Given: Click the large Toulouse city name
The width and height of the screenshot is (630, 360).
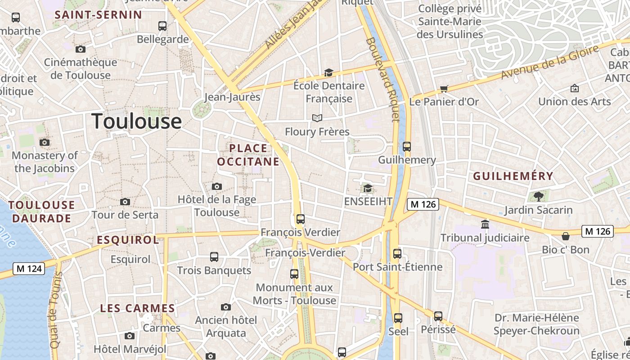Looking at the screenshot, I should (136, 121).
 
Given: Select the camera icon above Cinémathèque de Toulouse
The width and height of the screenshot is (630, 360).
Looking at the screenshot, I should (81, 49).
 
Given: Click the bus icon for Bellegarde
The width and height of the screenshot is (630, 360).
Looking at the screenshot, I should (162, 26).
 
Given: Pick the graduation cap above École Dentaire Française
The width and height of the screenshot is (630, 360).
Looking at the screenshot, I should (328, 72).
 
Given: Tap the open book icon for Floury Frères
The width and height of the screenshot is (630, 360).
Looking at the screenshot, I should (317, 118).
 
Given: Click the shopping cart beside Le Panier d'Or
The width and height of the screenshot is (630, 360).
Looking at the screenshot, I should (444, 89).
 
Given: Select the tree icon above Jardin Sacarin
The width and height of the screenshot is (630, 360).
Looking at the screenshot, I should (538, 196).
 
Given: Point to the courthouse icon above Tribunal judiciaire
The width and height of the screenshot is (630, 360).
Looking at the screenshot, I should (485, 224).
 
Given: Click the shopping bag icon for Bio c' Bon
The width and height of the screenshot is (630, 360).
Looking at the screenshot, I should (566, 236).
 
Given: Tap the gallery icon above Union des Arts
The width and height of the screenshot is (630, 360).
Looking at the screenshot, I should (575, 88).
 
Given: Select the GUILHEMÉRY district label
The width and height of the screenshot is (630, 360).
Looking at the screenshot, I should (513, 176).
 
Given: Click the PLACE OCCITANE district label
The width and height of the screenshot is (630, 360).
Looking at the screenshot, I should (248, 155).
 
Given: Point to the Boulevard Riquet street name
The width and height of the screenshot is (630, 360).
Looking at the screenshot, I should (382, 79).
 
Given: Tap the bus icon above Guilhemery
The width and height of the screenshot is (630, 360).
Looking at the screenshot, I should (407, 146).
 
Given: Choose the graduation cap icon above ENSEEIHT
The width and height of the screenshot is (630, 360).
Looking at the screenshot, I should (368, 188).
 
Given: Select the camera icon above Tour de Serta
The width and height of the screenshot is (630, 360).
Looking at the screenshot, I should (125, 202).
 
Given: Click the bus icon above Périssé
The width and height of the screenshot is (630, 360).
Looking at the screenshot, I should (438, 316).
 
